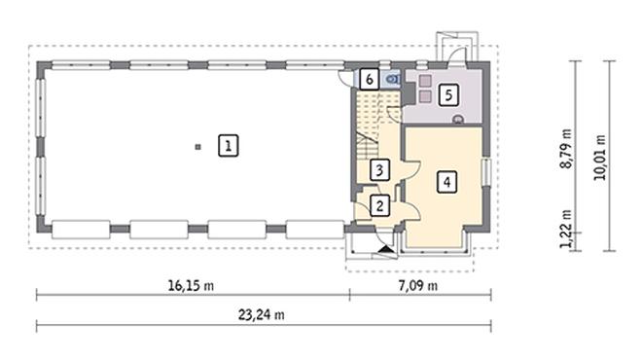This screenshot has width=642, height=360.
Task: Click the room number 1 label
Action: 227,146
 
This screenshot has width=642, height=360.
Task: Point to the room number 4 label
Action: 446,181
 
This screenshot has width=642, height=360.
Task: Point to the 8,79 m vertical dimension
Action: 565,146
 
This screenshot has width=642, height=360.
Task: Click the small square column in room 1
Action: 197,147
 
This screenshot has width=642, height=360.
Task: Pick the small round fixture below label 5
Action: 459,119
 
